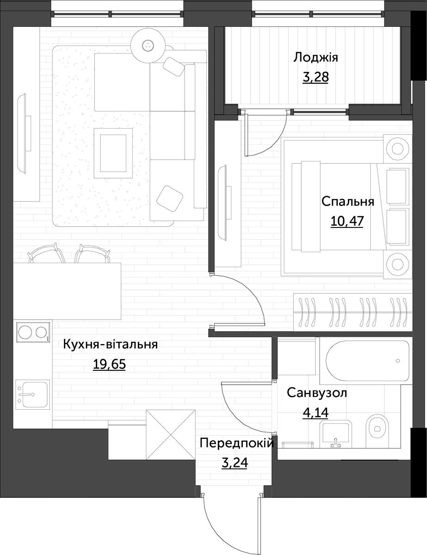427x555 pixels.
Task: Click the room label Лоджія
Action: [316, 58]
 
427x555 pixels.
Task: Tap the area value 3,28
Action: [316, 77]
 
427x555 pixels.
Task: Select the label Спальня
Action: [347, 202]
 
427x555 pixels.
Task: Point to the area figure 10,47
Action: [347, 221]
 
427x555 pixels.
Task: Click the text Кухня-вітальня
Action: [110, 345]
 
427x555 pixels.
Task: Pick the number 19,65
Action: [109, 364]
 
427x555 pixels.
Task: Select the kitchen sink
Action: [33, 395]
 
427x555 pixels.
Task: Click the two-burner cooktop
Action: [33, 332]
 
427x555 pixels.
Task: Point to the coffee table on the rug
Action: [113, 153]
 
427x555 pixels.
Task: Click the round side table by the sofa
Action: [148, 46]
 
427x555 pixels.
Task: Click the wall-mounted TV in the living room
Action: [24, 134]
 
